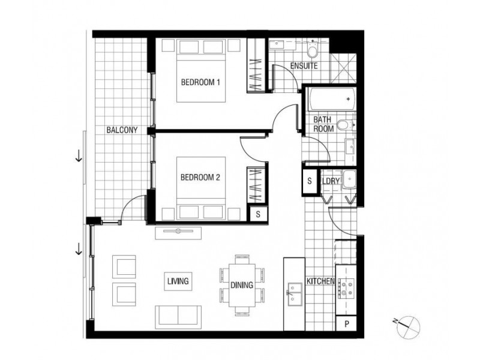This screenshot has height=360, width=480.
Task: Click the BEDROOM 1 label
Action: pos(200,82)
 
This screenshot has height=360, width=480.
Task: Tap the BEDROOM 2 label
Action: pos(200,177)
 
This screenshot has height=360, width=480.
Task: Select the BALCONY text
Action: pos(122,130)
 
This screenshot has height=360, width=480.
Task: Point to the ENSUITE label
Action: pos(304,66)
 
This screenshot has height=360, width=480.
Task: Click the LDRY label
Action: pos(331,181)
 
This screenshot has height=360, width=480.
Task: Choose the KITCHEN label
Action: pos(320,281)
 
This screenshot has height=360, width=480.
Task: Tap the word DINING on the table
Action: pos(242,285)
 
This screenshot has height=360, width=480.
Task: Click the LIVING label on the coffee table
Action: pos(178,281)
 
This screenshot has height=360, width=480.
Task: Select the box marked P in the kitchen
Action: pos(347,323)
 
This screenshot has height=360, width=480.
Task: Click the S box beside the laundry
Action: pos(310,181)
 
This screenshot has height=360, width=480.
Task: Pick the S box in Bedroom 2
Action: pos(258,214)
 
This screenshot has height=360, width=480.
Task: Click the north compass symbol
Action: pos(409,326)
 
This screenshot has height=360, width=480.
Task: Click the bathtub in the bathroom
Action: pos(332,99)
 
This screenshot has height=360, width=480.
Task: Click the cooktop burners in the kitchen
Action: pos(346,289)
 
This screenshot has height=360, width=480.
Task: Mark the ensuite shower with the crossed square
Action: pos(344,68)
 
